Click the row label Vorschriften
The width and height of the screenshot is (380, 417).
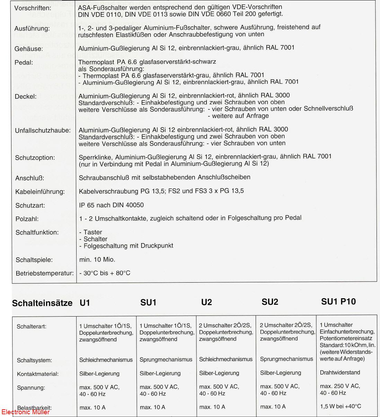coord(32,8)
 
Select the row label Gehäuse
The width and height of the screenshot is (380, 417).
coord(29,49)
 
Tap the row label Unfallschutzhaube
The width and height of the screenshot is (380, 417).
coord(43,131)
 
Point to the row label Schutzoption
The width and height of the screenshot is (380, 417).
coord(35,158)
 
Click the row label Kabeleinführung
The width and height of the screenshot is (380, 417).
coord(40,192)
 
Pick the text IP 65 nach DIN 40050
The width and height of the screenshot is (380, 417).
coord(111,205)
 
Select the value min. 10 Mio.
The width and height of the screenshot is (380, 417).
coord(97,259)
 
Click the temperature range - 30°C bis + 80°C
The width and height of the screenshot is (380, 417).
coord(105,273)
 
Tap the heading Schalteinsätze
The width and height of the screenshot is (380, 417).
coord(42,303)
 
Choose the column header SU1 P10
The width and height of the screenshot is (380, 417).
coord(338,302)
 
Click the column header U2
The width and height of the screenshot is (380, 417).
coord(206,302)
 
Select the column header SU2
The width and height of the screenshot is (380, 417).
coord(269,302)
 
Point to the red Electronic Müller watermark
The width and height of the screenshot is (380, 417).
coord(25,412)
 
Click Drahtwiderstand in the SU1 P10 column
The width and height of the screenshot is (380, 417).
coord(340,373)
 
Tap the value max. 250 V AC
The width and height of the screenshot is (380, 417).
coord(340,386)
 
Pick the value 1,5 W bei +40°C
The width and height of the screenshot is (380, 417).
coord(340,406)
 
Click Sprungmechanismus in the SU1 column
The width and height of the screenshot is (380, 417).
coord(166,360)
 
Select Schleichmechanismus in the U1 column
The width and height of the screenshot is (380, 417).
coord(106,360)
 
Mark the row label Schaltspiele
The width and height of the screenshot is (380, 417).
coord(34,260)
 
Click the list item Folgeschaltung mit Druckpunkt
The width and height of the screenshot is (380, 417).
coord(126,246)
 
